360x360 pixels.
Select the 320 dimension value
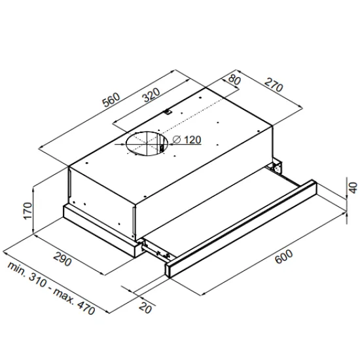click(x=151, y=96)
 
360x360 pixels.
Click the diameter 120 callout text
click(x=188, y=140)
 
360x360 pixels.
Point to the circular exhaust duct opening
click(x=145, y=143)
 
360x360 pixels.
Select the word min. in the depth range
click(x=17, y=270)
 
